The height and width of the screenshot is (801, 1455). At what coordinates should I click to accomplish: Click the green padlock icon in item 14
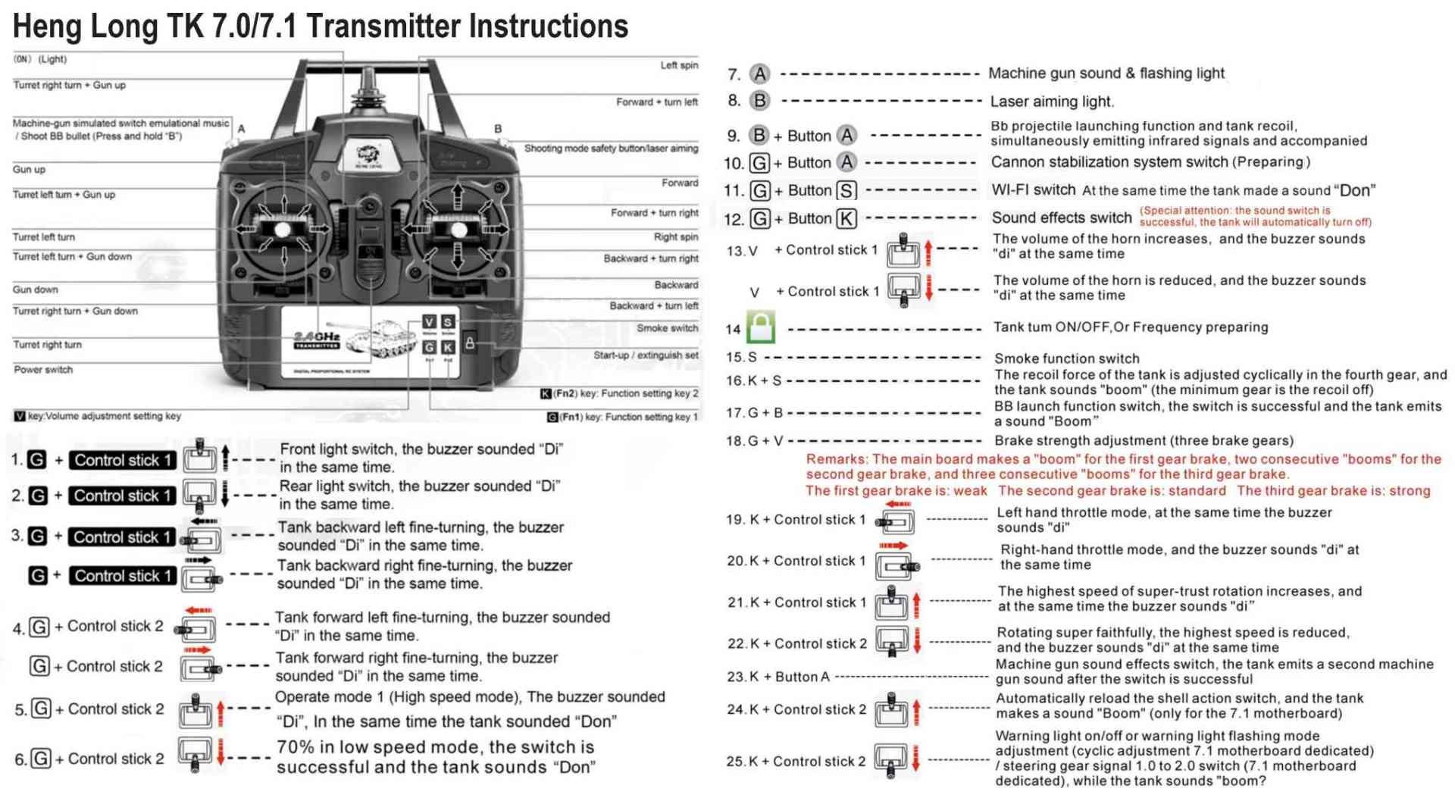761,327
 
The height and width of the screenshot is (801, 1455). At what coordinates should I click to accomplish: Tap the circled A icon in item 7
759,74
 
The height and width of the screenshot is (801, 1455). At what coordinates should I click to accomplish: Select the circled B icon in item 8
759,101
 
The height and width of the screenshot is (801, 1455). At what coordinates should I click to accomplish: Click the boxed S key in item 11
846,190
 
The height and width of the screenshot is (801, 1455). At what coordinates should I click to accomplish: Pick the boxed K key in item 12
846,219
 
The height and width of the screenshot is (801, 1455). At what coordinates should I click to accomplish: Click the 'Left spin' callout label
678,65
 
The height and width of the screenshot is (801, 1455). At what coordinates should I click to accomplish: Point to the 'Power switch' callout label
43,370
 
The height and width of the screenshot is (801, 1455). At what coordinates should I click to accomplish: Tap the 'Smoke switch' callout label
667,328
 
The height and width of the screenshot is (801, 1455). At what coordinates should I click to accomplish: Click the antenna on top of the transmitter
368,83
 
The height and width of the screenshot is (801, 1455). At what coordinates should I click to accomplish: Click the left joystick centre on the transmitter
283,229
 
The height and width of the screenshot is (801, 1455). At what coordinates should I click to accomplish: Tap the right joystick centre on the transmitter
458,229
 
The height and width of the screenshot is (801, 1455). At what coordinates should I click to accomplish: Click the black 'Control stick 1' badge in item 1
122,460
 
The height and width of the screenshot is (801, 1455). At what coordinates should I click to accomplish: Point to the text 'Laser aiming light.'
1051,102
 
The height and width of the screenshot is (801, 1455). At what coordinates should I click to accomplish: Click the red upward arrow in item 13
929,251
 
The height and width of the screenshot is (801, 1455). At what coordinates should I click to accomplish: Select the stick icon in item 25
891,760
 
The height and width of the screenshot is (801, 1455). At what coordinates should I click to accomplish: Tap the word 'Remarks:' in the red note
837,459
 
